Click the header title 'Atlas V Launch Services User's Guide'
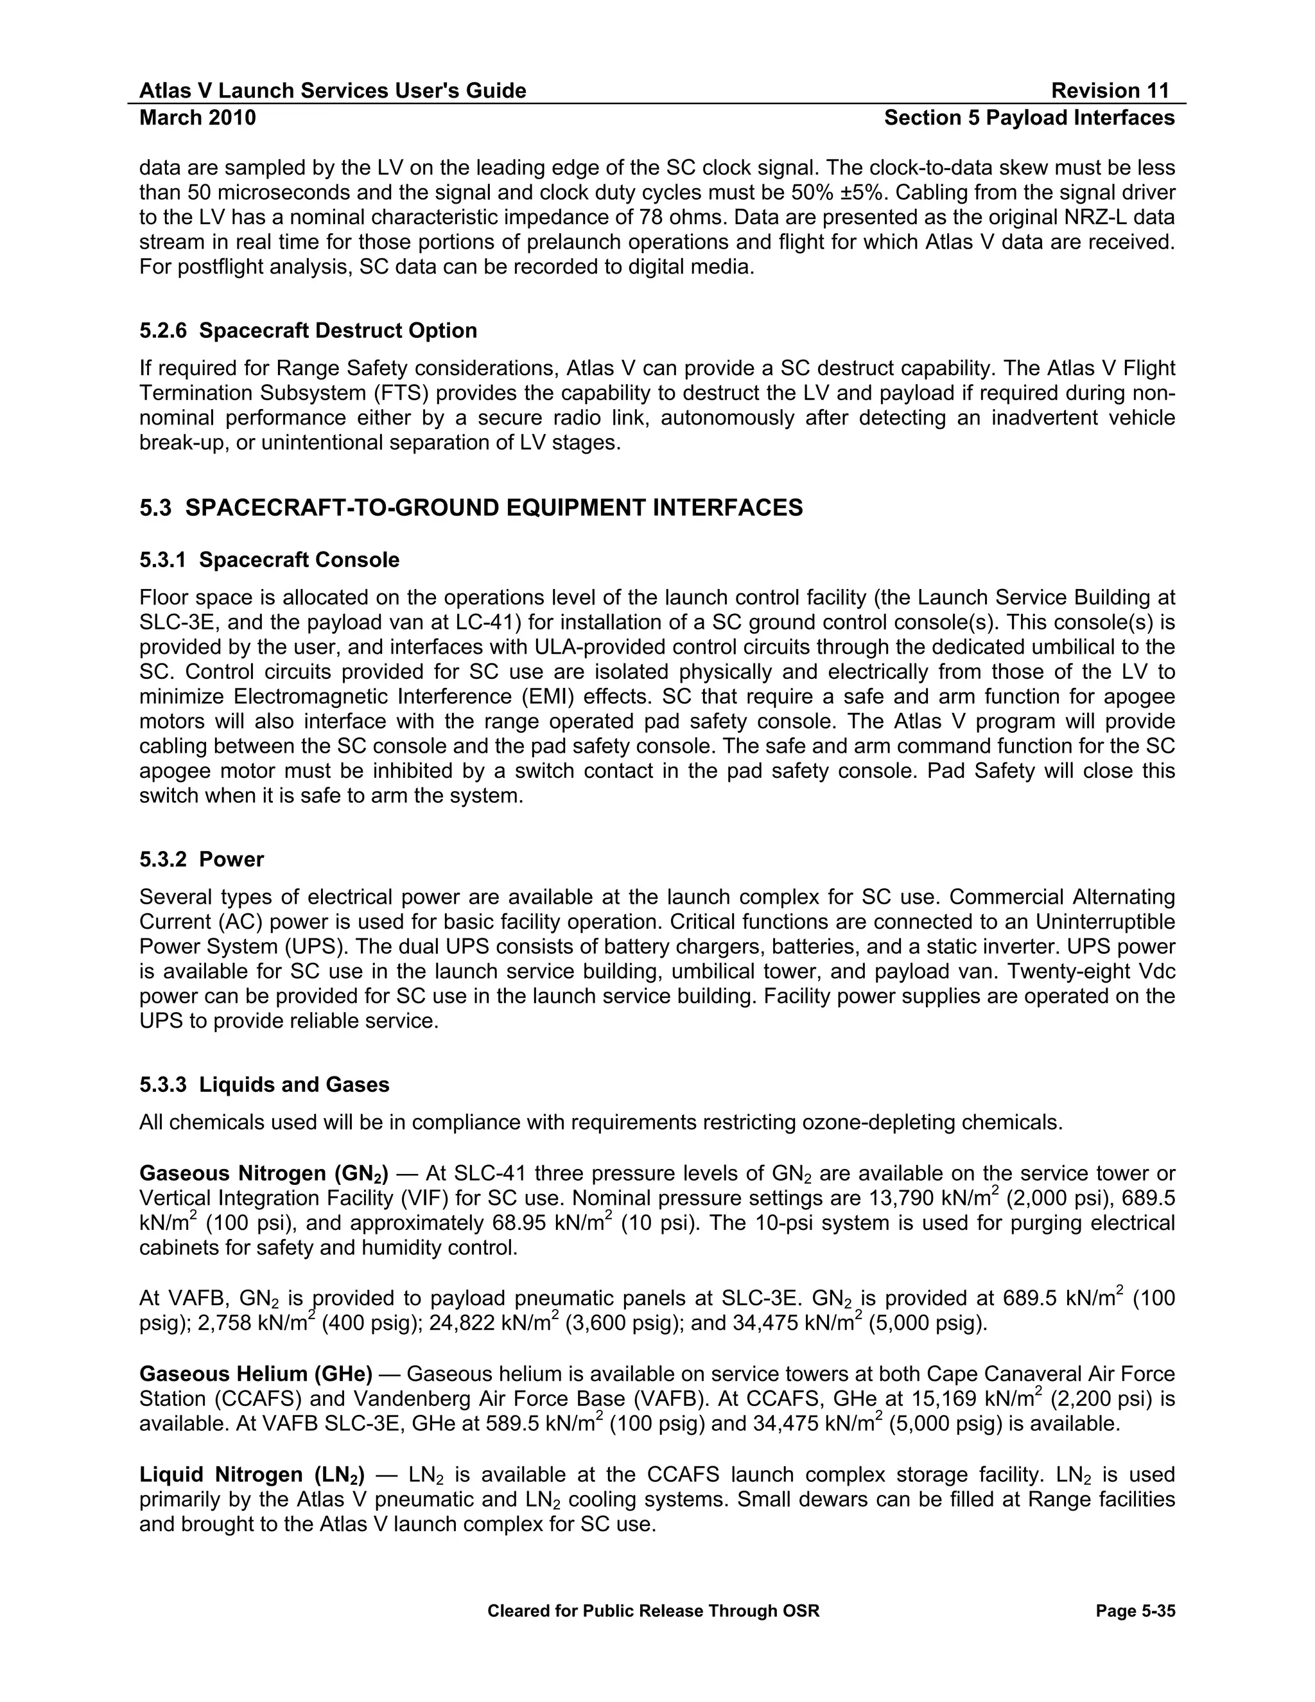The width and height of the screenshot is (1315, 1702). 333,91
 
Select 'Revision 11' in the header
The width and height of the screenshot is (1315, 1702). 1110,91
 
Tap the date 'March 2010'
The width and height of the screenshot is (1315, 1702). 198,118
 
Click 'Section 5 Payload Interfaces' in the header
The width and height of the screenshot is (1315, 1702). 1029,118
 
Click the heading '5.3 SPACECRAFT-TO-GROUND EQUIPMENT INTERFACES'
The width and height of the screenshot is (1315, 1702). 471,508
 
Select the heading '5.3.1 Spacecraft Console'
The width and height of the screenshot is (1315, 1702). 270,559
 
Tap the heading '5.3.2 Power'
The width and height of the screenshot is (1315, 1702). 202,859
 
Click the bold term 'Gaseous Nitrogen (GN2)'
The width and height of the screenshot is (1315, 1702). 264,1173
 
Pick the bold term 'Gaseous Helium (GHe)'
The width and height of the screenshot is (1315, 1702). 256,1373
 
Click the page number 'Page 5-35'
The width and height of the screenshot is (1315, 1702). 1135,1611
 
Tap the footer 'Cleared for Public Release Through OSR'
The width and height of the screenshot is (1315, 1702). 654,1611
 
